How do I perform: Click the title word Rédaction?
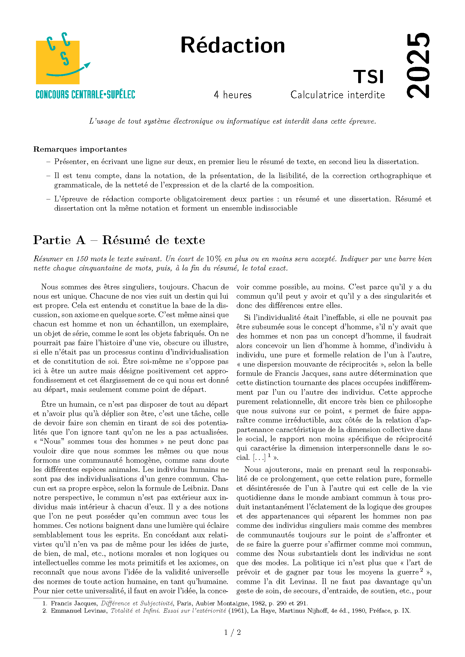tap(233, 45)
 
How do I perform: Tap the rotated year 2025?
tap(418, 65)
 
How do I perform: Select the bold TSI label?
tap(369, 77)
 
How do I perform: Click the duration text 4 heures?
tap(233, 95)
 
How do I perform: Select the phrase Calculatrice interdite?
tap(338, 95)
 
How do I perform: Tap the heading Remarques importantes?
tap(80, 149)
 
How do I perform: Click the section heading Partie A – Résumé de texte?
tap(119, 240)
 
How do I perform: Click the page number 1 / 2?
tap(233, 632)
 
